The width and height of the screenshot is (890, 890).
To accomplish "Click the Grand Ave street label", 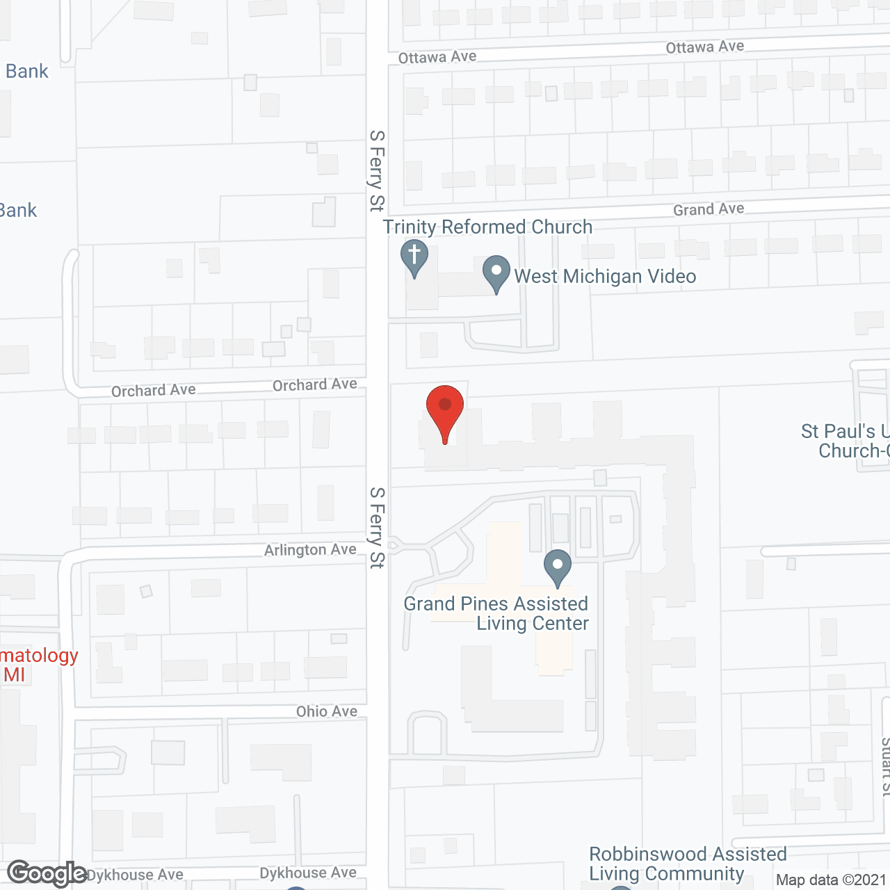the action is pyautogui.click(x=708, y=209).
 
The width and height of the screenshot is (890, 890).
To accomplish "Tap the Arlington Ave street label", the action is pyautogui.click(x=310, y=550).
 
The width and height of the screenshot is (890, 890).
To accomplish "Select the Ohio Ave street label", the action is pyautogui.click(x=326, y=711).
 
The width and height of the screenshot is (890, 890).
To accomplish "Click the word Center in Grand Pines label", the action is pyautogui.click(x=560, y=623).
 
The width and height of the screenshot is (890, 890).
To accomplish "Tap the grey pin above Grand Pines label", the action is pyautogui.click(x=558, y=566).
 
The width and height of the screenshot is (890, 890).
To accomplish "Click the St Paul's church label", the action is pyautogui.click(x=845, y=441).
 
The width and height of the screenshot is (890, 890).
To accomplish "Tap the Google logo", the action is pyautogui.click(x=47, y=873).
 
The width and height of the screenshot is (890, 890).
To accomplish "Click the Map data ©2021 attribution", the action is pyautogui.click(x=830, y=880).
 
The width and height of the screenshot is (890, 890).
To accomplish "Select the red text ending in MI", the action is pyautogui.click(x=35, y=665).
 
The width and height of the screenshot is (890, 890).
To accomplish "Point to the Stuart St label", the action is pyautogui.click(x=884, y=765).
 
